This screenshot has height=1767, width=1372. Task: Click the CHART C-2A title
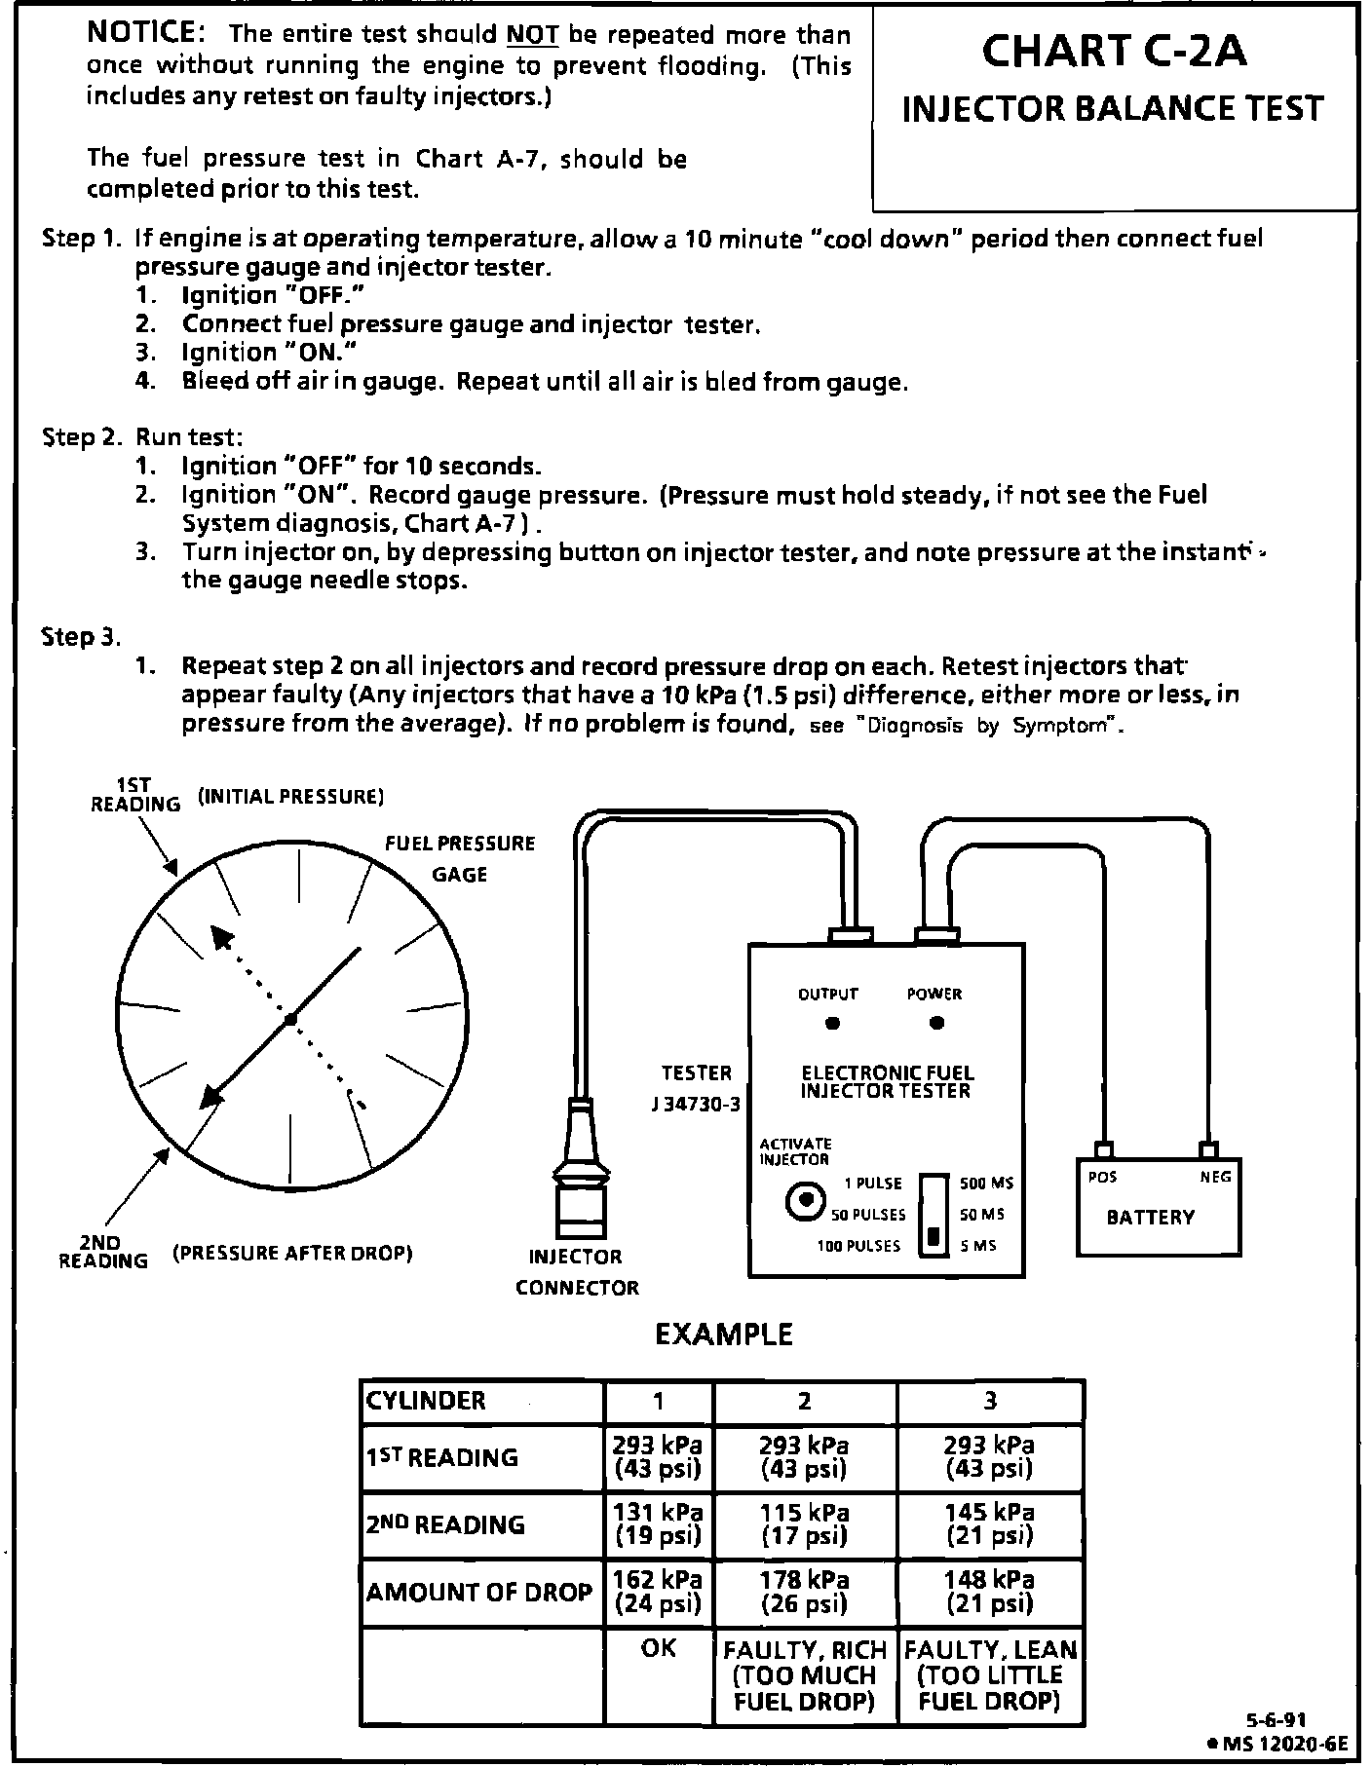(x=1114, y=52)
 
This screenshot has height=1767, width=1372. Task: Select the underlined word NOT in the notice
(x=532, y=35)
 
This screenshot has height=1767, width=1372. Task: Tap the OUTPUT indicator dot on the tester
(x=832, y=1024)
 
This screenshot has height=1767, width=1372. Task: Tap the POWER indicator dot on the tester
(x=936, y=1023)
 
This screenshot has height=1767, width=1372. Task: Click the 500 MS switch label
(x=986, y=1183)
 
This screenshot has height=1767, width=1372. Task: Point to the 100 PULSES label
(x=858, y=1246)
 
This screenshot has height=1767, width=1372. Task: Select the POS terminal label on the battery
(x=1102, y=1177)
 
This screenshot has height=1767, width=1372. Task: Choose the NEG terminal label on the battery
(x=1215, y=1177)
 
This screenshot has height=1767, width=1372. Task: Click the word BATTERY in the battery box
(x=1150, y=1217)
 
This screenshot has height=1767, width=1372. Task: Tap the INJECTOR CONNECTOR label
(x=576, y=1271)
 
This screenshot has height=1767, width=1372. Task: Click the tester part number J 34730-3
(x=696, y=1105)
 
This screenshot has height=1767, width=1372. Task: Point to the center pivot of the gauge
(x=290, y=1020)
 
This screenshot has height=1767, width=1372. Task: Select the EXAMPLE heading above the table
(x=723, y=1334)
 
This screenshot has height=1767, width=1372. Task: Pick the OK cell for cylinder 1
(x=659, y=1648)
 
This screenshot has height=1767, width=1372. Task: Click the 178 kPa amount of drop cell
(x=804, y=1591)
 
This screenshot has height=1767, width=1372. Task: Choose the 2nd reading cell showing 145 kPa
(x=989, y=1523)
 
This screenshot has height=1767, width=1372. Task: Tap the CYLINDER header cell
(x=425, y=1401)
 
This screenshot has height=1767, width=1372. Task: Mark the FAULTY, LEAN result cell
(x=990, y=1674)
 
